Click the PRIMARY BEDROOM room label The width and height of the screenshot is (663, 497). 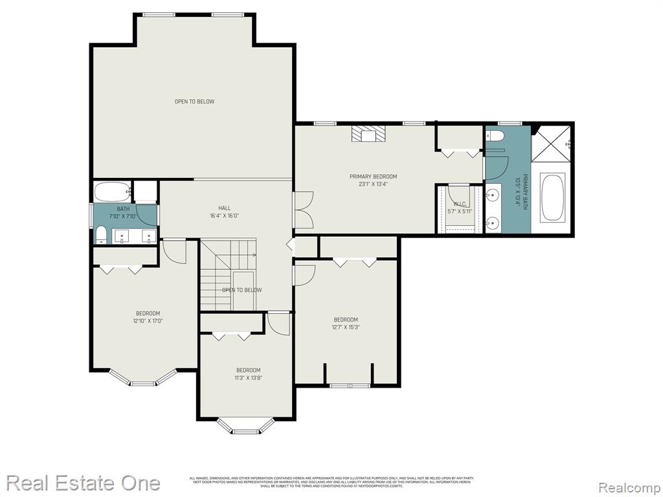click(x=373, y=177)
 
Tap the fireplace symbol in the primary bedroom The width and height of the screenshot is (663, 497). click(x=368, y=134)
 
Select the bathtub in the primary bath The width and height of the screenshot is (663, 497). click(x=552, y=197)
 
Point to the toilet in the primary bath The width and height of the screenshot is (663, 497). click(x=495, y=136)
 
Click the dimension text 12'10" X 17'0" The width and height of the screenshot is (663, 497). click(x=148, y=320)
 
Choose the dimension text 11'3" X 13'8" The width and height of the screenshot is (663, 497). click(x=248, y=378)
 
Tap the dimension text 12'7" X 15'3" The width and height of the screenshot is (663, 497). click(x=345, y=327)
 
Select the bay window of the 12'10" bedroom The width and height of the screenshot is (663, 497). click(x=143, y=380)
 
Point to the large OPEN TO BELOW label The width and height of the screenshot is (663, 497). click(x=194, y=102)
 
